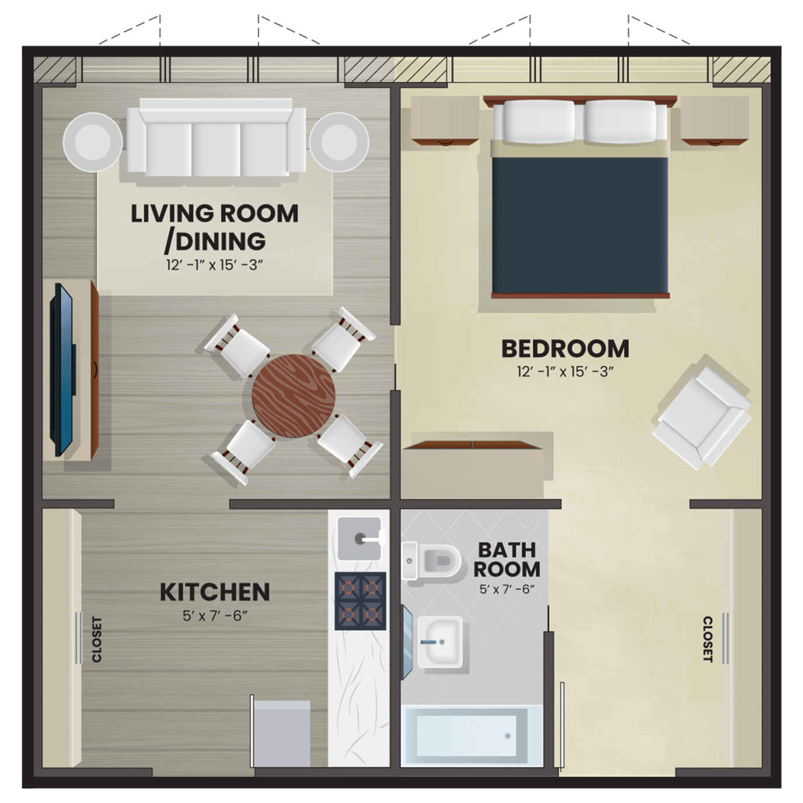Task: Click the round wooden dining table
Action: pos(294,396)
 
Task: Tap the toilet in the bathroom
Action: pos(431,561)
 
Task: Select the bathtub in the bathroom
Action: pos(472,736)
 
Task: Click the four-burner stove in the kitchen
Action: pos(361,601)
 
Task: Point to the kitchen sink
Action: pos(359,539)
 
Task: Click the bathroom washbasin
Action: pos(440,642)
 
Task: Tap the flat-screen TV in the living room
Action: pos(62,369)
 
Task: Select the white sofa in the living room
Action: pos(216,138)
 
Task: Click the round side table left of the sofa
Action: pos(93,142)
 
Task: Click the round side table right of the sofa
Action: pos(339,142)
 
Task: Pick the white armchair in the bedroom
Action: pos(701,418)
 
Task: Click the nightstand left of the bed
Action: pos(445,121)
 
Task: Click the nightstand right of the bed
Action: pos(715,121)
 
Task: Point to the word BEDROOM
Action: pos(565,349)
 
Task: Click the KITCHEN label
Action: pos(215,592)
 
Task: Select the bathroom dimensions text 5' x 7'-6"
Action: pos(507,589)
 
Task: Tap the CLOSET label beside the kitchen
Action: pos(97,639)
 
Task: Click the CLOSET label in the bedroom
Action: pos(707,639)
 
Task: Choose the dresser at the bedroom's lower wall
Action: pos(473,470)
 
